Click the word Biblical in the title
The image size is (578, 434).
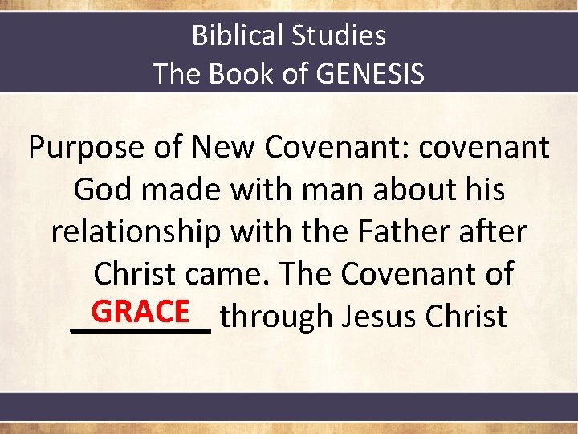238,35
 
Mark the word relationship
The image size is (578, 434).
135,232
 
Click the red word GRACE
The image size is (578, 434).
140,312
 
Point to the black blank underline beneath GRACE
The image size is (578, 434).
140,330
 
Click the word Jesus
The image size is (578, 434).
380,317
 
